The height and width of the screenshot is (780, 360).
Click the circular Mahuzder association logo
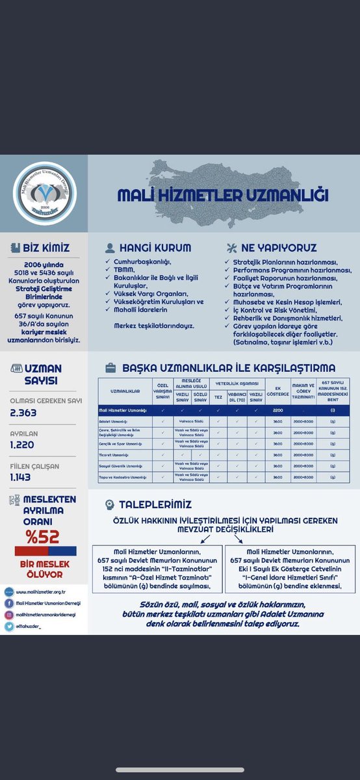pos(44,193)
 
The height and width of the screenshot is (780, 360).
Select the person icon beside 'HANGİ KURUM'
pos(110,248)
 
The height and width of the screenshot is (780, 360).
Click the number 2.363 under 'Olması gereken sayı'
pos(23,413)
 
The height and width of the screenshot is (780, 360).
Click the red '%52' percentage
pos(42,536)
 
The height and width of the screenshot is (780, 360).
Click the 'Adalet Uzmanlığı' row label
pos(114,421)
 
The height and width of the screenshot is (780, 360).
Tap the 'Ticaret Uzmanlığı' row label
pos(113,454)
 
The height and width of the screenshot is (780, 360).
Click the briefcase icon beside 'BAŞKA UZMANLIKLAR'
pos(110,368)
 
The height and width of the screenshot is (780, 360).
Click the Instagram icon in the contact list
pos(8,615)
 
